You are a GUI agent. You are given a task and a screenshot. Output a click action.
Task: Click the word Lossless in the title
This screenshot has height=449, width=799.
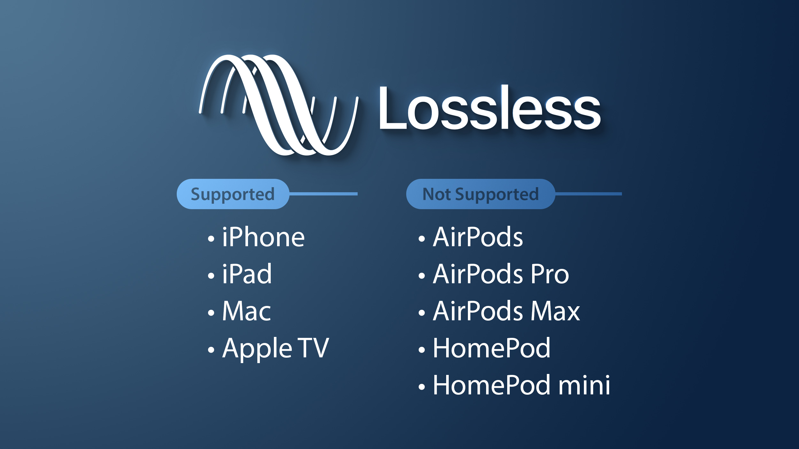(x=490, y=108)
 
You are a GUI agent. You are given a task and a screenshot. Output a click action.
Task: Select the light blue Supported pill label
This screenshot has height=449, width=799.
(x=233, y=194)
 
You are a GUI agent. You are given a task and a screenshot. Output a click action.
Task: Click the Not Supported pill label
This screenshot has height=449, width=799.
(x=480, y=194)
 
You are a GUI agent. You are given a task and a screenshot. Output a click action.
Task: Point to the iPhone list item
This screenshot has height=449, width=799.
(x=263, y=237)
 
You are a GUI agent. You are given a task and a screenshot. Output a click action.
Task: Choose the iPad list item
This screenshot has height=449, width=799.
(x=247, y=274)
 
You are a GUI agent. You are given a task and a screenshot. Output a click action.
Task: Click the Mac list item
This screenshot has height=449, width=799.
(x=247, y=311)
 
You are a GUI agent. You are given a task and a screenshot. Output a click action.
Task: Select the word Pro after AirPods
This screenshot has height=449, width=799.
(x=550, y=274)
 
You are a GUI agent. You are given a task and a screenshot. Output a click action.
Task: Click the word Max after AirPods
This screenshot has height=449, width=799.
(x=555, y=311)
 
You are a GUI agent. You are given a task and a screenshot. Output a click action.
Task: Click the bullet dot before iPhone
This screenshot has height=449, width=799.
(x=211, y=239)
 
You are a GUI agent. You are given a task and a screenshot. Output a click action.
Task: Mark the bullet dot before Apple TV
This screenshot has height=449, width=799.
(x=211, y=350)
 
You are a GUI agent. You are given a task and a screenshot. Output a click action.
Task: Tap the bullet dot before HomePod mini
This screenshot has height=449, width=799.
(x=422, y=387)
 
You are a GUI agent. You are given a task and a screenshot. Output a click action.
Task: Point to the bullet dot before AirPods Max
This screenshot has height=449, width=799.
(x=422, y=313)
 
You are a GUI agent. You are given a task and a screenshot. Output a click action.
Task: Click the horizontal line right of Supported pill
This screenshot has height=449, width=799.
(x=323, y=194)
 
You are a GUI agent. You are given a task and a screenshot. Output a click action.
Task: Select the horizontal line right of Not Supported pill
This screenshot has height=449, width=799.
(x=588, y=194)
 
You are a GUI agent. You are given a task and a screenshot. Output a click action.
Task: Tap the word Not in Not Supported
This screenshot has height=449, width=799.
(x=437, y=194)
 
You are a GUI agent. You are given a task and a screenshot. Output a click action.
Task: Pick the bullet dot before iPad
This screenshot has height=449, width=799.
(x=211, y=276)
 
